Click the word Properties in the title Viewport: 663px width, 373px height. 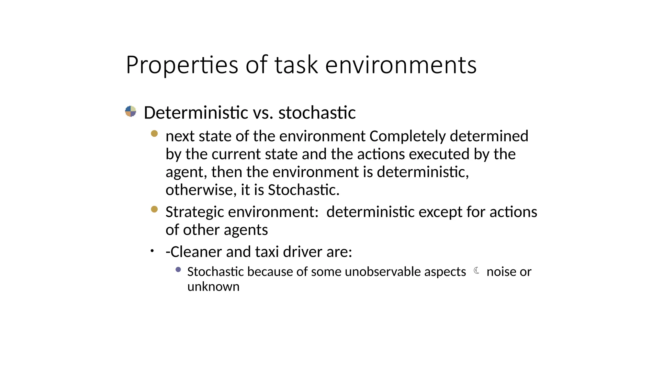pos(182,65)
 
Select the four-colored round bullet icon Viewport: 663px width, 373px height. pos(130,111)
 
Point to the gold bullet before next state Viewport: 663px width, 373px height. pos(154,133)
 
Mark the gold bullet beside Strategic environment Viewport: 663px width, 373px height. pos(154,209)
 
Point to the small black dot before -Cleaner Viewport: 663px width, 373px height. pos(152,251)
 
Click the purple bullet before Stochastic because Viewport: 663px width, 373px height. pos(178,269)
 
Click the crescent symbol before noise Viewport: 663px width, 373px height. pos(477,270)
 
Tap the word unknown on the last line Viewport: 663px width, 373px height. pos(213,287)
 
